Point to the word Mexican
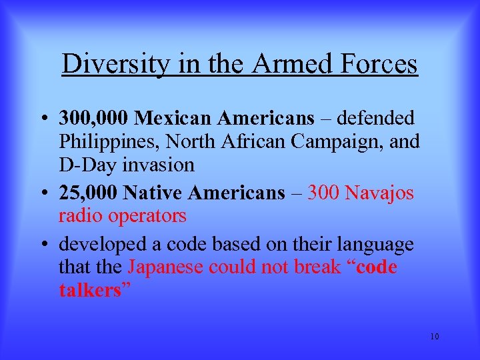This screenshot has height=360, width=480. [x=166, y=118]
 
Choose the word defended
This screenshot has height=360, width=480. [x=375, y=118]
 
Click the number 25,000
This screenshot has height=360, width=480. [x=87, y=193]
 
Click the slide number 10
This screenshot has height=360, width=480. [x=434, y=336]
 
